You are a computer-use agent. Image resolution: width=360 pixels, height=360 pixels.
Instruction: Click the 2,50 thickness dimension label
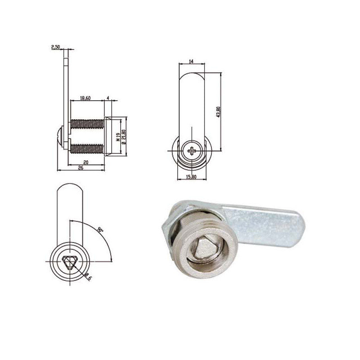56,47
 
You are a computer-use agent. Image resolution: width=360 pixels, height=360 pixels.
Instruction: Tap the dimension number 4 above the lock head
108,98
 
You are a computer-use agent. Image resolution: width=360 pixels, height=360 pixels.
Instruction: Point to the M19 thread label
117,136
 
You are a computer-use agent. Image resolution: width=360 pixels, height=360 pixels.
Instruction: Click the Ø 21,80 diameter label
123,136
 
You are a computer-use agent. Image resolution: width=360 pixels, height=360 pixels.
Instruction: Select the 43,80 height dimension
218,112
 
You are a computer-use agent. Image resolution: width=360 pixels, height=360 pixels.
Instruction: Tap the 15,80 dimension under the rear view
191,177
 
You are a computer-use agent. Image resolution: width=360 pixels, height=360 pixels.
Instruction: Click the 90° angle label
100,230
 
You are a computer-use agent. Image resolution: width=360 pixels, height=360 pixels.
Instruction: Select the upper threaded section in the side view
87,122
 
